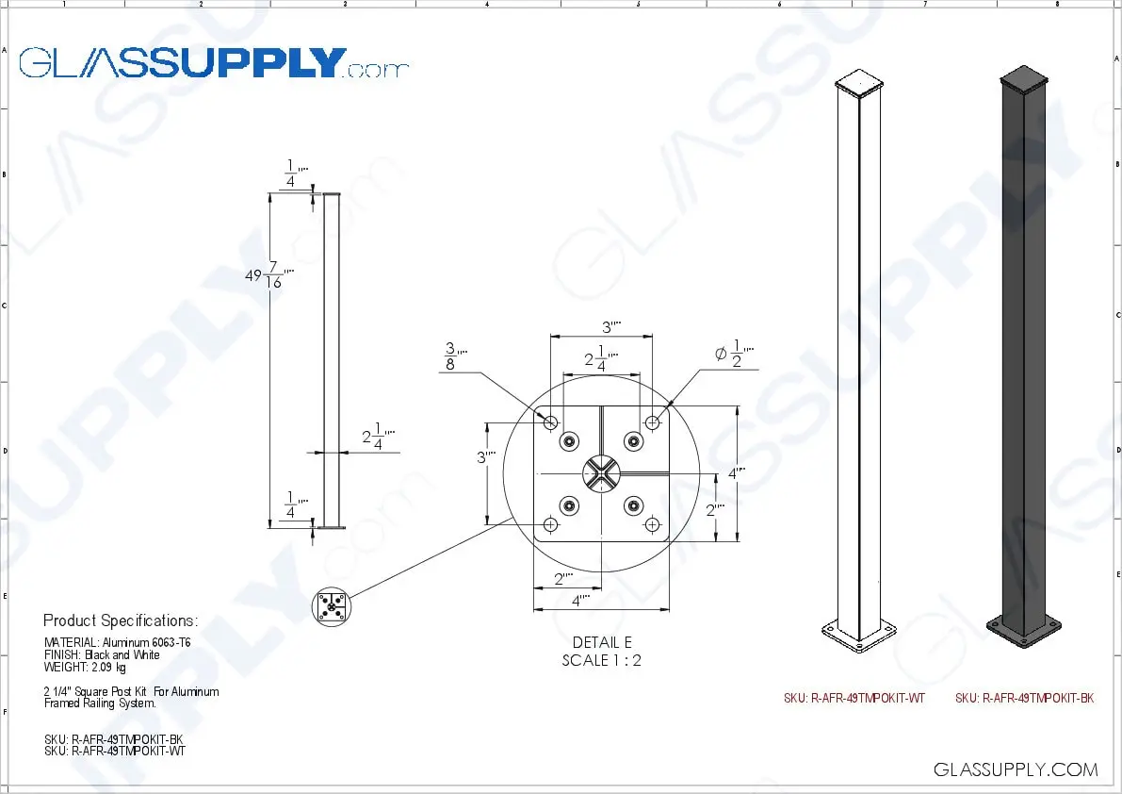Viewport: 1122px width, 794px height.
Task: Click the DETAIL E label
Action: [x=602, y=643]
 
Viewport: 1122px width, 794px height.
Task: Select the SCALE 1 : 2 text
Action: [x=602, y=660]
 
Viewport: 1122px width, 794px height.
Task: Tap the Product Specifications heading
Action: [x=121, y=620]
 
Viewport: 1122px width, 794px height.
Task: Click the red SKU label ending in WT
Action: [x=854, y=699]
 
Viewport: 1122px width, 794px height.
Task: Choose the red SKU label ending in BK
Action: [x=1024, y=699]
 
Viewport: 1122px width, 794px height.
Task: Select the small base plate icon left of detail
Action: [x=331, y=605]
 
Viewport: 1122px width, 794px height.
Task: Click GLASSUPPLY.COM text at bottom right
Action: [x=1016, y=769]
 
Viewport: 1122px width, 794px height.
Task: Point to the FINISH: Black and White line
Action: [x=102, y=654]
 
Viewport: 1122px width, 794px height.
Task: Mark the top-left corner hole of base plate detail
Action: [x=551, y=421]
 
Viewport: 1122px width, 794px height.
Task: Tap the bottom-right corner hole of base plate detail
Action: [x=652, y=523]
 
